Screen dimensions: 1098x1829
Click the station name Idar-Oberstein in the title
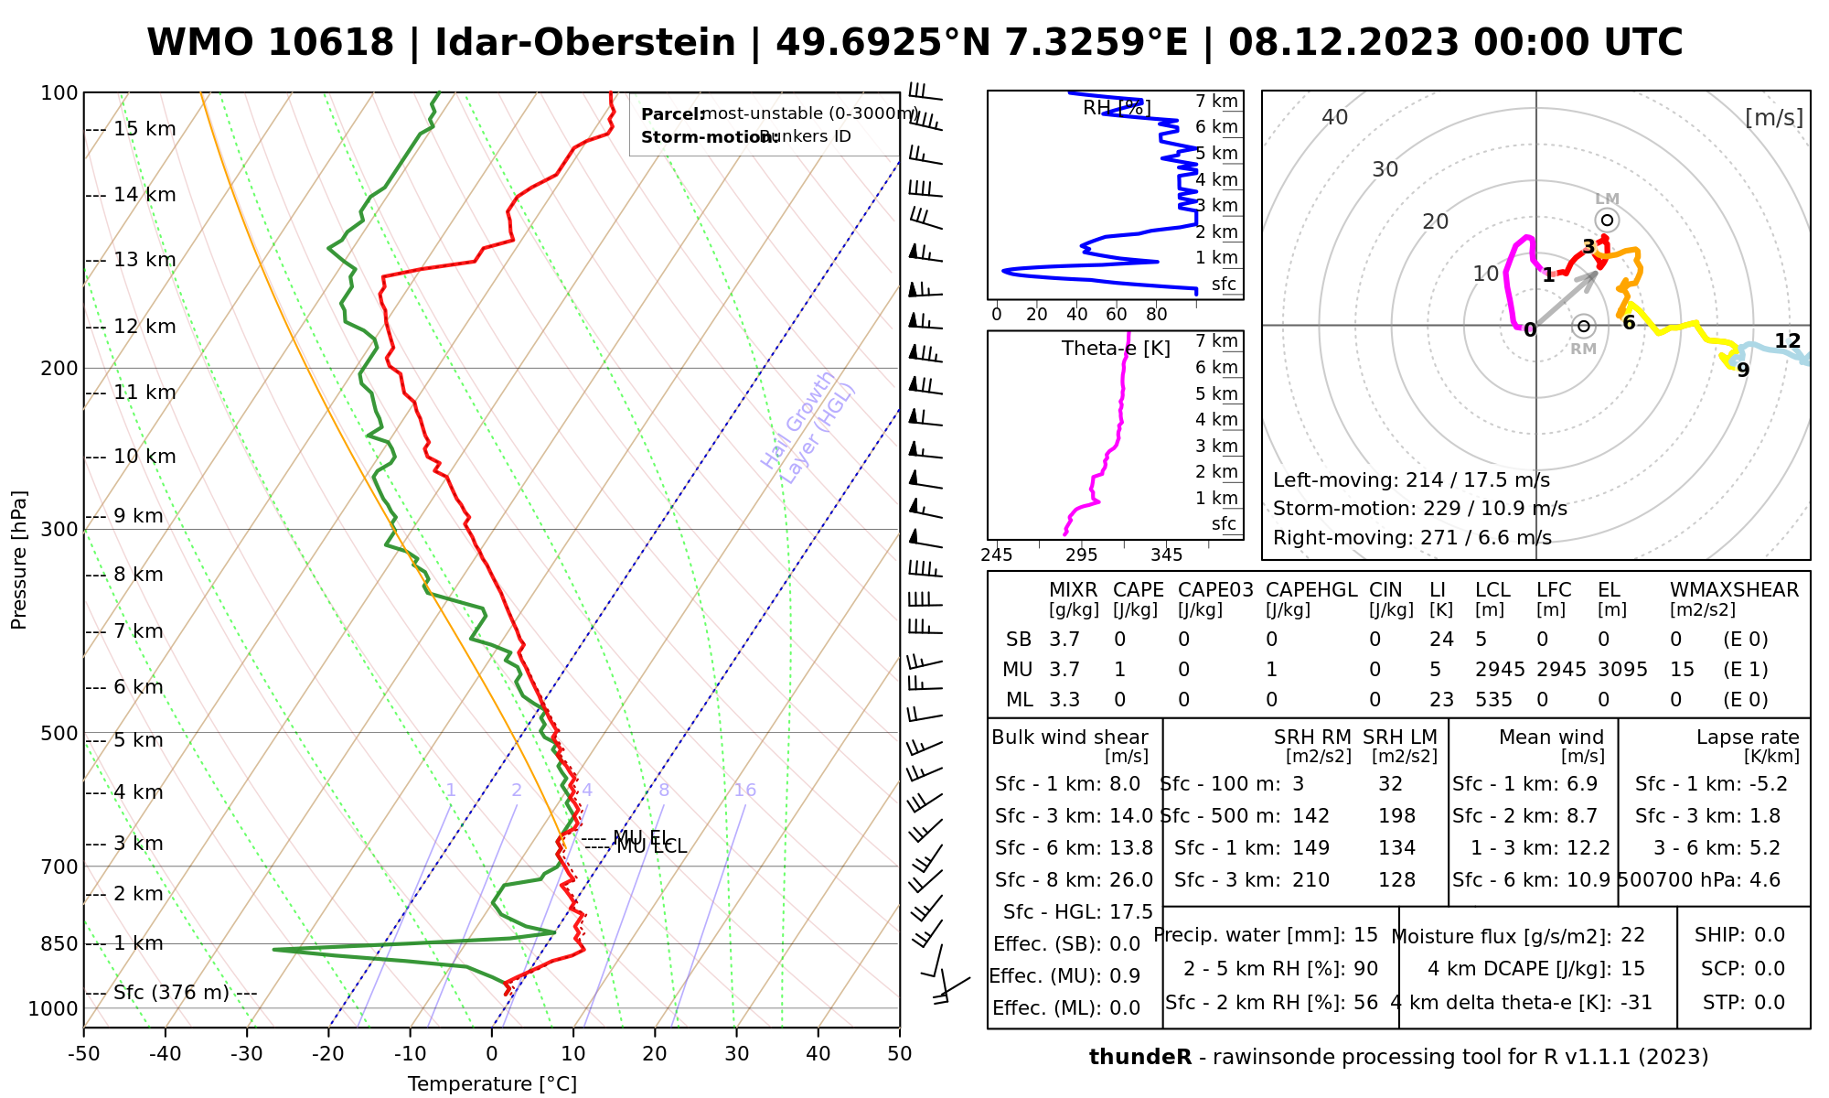[585, 43]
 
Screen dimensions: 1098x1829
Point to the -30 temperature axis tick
[247, 1054]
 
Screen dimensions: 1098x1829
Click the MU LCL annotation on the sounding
[651, 847]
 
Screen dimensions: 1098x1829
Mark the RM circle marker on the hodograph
[1584, 326]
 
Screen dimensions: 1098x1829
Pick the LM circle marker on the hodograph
[1607, 221]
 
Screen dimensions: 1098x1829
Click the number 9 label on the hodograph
[1743, 371]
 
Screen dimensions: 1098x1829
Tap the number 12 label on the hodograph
[1787, 341]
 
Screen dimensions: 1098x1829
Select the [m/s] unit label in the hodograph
[1774, 117]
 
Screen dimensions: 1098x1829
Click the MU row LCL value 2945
[1500, 670]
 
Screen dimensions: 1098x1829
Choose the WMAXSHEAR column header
[1734, 590]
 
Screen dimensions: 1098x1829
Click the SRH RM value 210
[1310, 880]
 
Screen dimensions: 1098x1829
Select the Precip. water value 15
[1365, 935]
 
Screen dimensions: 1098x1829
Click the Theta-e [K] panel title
[1116, 349]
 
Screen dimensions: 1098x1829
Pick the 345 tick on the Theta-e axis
[1166, 555]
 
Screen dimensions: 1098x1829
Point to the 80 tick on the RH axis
[1157, 315]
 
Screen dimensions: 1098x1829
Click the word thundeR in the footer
[1140, 1058]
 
